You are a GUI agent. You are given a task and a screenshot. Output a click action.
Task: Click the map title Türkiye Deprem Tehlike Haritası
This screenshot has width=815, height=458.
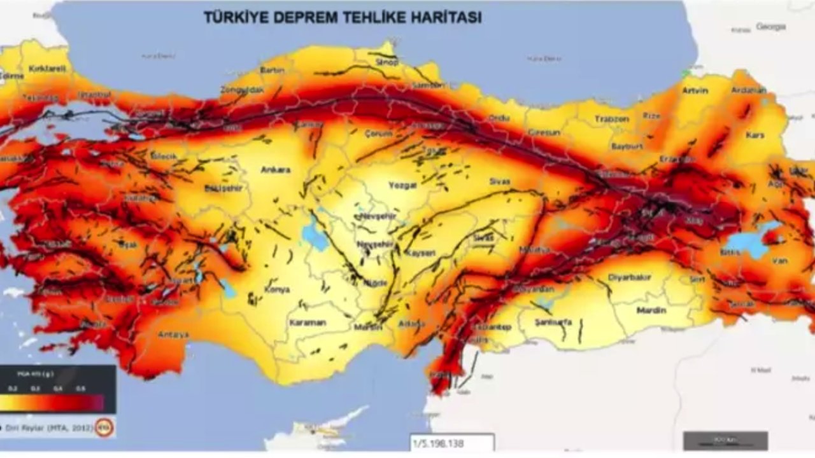pyautogui.click(x=342, y=17)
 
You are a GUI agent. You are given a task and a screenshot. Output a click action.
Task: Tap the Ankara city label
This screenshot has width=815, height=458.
pyautogui.click(x=275, y=170)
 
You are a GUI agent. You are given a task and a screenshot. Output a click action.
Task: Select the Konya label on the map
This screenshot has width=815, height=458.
pyautogui.click(x=277, y=289)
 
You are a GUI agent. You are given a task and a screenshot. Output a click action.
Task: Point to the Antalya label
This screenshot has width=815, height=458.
pyautogui.click(x=173, y=335)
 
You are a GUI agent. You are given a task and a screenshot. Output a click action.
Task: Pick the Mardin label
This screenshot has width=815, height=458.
pyautogui.click(x=651, y=310)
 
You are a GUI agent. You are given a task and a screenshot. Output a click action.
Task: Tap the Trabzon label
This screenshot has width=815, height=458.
pyautogui.click(x=611, y=119)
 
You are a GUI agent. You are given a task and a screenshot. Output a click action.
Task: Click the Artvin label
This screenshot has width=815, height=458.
pyautogui.click(x=695, y=90)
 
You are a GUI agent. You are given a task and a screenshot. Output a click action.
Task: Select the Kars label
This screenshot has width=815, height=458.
pyautogui.click(x=755, y=135)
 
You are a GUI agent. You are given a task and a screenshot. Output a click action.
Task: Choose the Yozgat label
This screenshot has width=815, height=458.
pyautogui.click(x=402, y=185)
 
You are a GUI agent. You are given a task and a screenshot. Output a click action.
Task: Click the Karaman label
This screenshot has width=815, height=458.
pyautogui.click(x=308, y=323)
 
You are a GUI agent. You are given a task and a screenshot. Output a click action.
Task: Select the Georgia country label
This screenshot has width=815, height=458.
pyautogui.click(x=771, y=27)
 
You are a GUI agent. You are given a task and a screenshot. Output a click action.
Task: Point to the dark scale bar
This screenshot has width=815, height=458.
pyautogui.click(x=725, y=440)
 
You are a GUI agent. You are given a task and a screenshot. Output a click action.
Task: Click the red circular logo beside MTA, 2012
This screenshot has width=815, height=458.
pyautogui.click(x=104, y=427)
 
